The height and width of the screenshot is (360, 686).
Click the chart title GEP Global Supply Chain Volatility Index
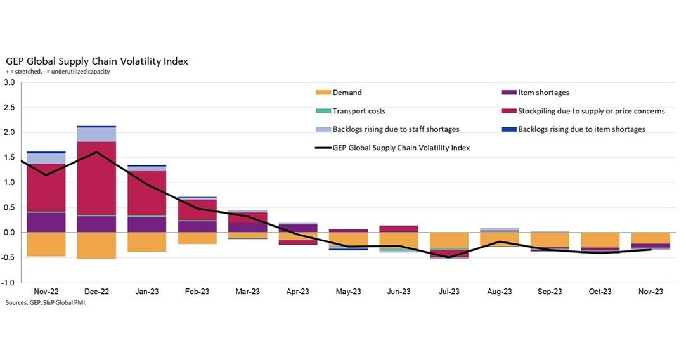point(97,61)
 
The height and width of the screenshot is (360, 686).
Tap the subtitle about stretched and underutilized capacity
point(58,72)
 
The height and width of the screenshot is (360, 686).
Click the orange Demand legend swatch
point(323,93)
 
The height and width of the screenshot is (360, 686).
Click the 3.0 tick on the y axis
point(10,82)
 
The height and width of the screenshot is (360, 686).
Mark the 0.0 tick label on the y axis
point(10,233)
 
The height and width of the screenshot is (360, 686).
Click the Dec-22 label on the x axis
point(96,292)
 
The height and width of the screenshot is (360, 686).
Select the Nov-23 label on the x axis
point(651,292)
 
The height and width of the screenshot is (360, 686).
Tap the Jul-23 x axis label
point(449,292)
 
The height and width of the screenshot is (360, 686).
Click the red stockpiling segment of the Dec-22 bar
point(96,177)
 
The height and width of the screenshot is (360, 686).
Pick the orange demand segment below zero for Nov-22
point(46,244)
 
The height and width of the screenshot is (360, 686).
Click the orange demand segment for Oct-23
point(600,240)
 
